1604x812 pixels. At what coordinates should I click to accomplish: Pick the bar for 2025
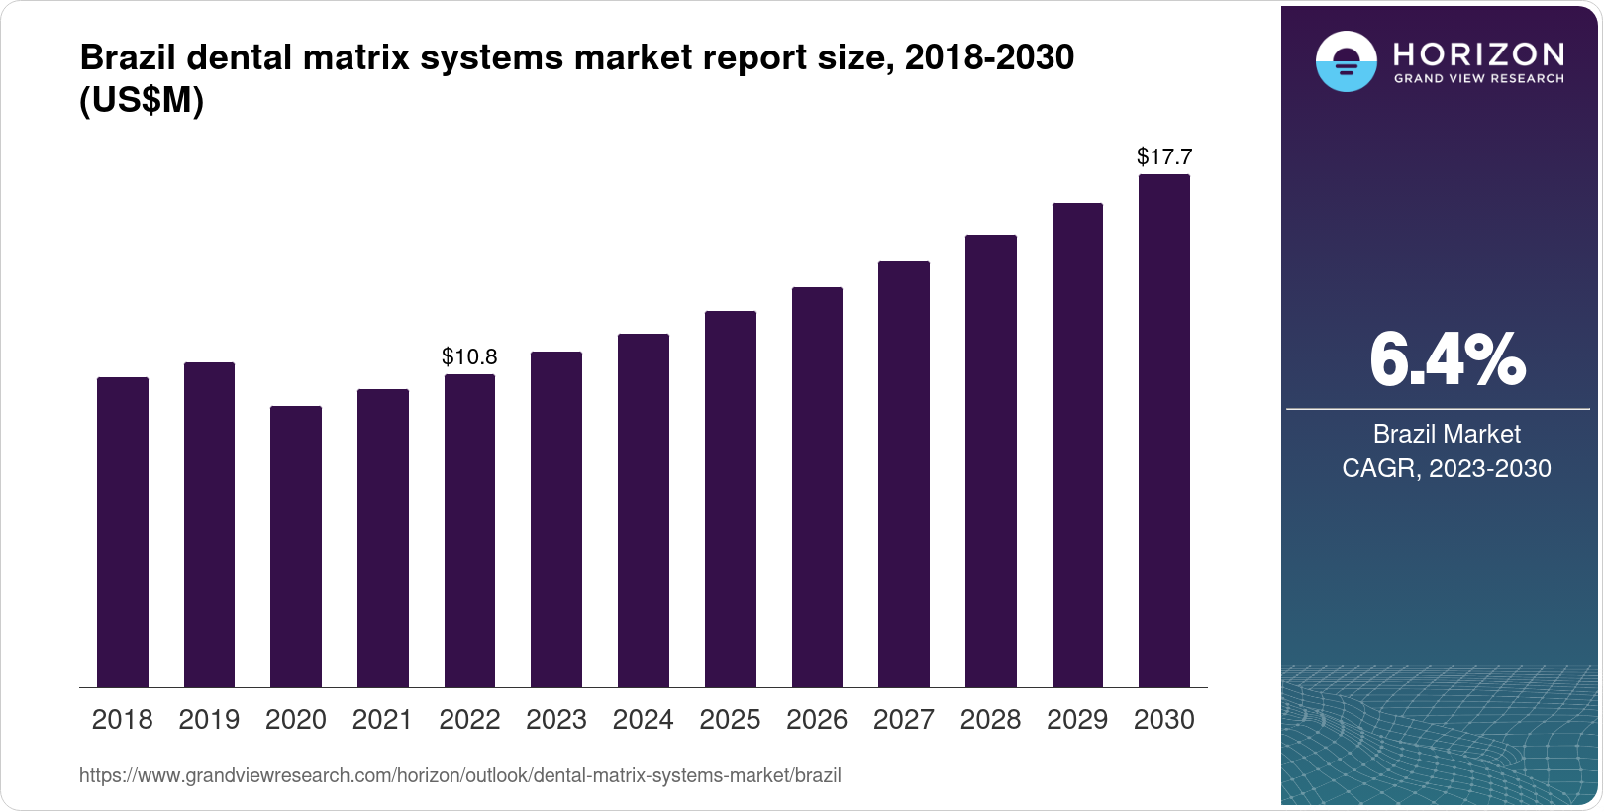[730, 499]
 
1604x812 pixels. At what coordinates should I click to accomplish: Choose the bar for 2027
[903, 474]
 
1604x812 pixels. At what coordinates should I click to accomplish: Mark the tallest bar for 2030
[1163, 431]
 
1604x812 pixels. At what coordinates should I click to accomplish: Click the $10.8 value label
[469, 356]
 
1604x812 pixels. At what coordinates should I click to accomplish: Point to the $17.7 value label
[1164, 156]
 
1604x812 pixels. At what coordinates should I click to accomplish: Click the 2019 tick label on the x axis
[209, 720]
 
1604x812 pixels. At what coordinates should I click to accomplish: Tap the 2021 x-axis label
[382, 720]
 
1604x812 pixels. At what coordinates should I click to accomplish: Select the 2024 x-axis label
[643, 720]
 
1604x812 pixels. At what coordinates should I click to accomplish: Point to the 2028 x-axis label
[990, 720]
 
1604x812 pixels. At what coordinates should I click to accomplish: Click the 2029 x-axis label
[1077, 720]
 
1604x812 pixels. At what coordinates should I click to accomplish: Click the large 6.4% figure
[1447, 360]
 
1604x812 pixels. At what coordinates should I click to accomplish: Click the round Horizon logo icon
[1346, 62]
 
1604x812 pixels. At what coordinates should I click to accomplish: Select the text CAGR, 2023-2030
[1447, 468]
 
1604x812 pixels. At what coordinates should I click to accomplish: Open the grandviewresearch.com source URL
[459, 776]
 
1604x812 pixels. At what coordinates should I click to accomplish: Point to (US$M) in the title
[142, 101]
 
